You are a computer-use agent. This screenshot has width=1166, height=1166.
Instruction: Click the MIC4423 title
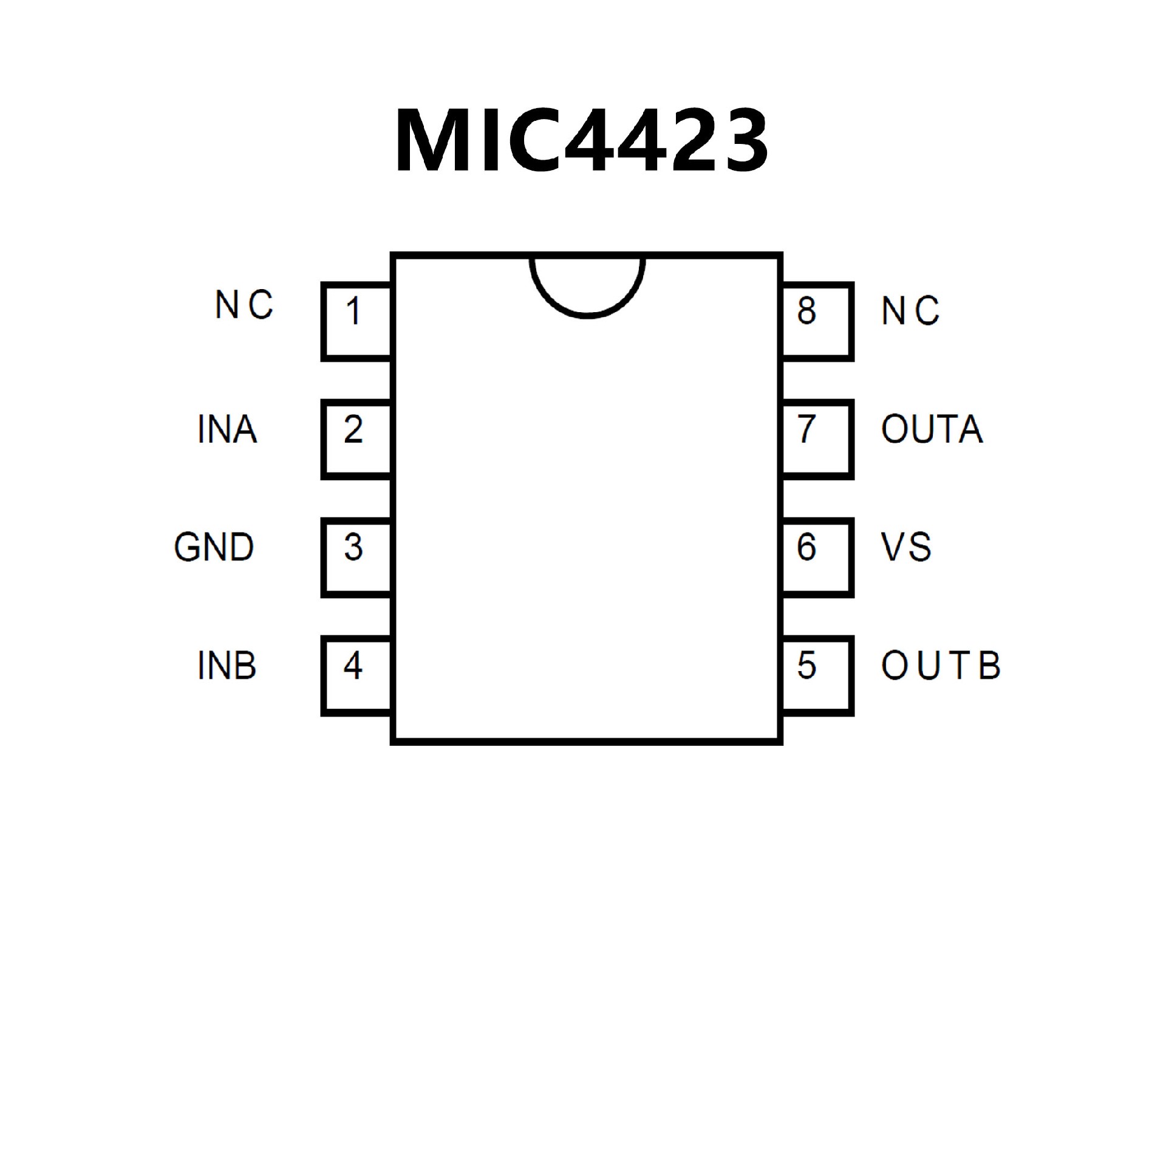coord(582,141)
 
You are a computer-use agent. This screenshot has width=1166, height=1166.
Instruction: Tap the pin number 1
coord(353,311)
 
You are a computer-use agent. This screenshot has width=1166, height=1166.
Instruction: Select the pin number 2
coord(353,429)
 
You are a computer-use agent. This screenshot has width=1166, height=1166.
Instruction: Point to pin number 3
coord(353,547)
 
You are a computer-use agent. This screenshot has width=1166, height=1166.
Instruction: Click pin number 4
coord(353,666)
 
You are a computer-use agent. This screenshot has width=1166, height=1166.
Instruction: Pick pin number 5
coord(806,666)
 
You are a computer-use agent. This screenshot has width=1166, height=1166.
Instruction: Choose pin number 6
coord(806,547)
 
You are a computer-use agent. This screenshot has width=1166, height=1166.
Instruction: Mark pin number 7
coord(806,429)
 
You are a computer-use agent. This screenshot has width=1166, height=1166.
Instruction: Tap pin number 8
coord(806,311)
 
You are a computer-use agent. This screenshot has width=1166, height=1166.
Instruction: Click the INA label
coord(228,429)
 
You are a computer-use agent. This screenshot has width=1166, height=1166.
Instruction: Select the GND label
coord(214,547)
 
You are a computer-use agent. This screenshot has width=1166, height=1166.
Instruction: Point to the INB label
coord(227,666)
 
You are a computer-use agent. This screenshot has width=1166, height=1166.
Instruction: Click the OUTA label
coord(932,429)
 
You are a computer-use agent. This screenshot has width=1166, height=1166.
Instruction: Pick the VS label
coord(906,547)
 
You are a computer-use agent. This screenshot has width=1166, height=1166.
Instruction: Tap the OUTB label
coord(940,666)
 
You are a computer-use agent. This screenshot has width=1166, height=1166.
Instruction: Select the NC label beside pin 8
coord(910,311)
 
